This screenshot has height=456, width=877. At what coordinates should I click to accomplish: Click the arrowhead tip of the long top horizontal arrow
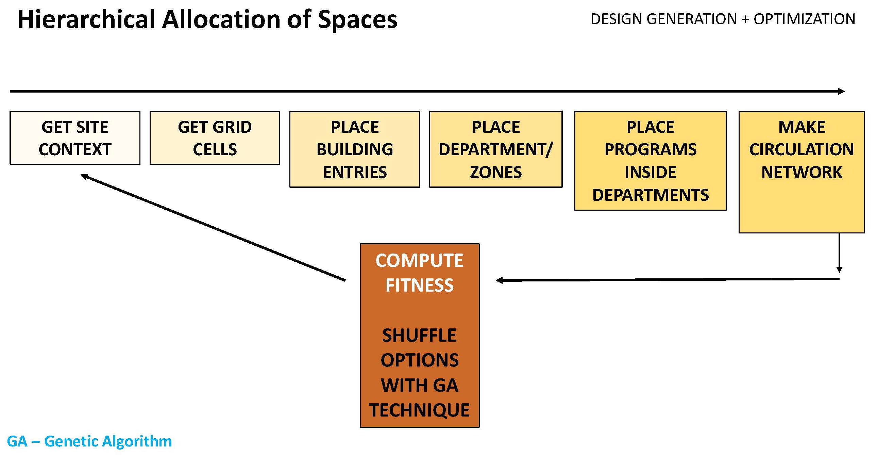(x=845, y=91)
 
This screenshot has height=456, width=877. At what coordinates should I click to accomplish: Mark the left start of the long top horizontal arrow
(x=10, y=91)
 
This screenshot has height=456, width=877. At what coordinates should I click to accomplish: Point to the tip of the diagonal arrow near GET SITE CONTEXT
(x=81, y=175)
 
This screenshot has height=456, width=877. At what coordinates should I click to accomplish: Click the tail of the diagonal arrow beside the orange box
(x=345, y=280)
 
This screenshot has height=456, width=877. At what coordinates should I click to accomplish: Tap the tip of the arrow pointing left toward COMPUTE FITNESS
(x=496, y=280)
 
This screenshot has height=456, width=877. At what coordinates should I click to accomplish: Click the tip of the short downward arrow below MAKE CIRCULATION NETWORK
(x=840, y=273)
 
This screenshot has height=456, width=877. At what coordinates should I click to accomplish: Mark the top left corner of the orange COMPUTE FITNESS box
(x=360, y=244)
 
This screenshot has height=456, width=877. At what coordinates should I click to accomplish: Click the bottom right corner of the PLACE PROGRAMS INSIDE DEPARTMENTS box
(x=726, y=210)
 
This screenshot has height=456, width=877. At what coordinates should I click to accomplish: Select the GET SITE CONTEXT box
(x=75, y=138)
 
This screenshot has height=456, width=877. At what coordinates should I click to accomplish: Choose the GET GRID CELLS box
(x=215, y=138)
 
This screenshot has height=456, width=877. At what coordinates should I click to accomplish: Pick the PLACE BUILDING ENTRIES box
(x=355, y=149)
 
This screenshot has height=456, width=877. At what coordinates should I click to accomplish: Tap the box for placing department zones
(x=496, y=149)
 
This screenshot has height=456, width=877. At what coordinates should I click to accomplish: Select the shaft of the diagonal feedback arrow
(x=213, y=228)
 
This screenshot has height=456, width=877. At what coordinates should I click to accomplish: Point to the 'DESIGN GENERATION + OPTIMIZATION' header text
(x=723, y=19)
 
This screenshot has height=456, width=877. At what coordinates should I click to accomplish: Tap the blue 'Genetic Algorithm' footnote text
(x=108, y=441)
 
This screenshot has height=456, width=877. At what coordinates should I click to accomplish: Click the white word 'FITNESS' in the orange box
(x=419, y=285)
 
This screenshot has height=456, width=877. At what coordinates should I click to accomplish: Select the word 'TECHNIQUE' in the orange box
(x=419, y=410)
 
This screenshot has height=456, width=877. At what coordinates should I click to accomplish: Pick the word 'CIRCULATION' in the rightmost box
(x=802, y=149)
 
